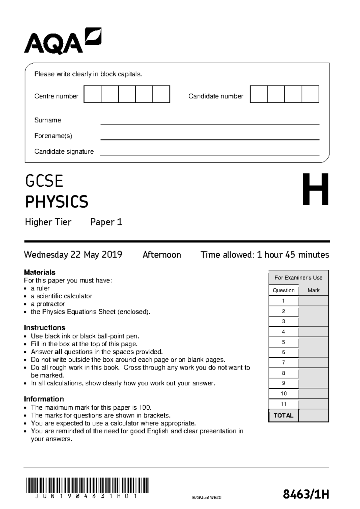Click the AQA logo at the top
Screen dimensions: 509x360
[63, 41]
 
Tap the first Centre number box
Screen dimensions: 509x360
[92, 94]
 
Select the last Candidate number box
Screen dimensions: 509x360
[310, 94]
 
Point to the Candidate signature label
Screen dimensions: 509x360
[64, 152]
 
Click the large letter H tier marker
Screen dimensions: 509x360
[315, 190]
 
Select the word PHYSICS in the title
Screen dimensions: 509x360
[57, 202]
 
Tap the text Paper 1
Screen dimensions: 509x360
[106, 222]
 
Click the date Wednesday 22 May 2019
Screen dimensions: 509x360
[73, 255]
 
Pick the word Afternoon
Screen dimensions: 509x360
[162, 255]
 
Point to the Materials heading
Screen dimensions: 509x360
[40, 272]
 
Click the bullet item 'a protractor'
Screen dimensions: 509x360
[48, 304]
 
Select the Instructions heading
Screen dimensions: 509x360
[44, 327]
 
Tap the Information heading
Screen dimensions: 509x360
[44, 399]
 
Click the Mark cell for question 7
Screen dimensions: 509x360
[313, 363]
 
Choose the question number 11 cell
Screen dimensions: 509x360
[283, 404]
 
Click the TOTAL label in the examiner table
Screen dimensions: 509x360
[283, 416]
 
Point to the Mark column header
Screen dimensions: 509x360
[313, 290]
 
